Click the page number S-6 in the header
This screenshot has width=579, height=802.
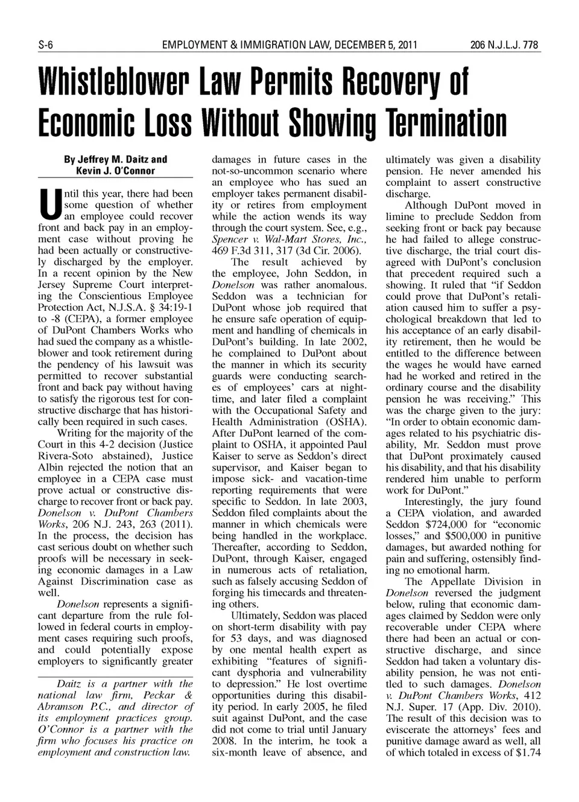46,45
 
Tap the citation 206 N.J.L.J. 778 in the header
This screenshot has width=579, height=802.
505,45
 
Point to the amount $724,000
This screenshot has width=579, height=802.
448,524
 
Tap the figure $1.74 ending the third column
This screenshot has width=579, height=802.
526,753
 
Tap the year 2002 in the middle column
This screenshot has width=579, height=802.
355,342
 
